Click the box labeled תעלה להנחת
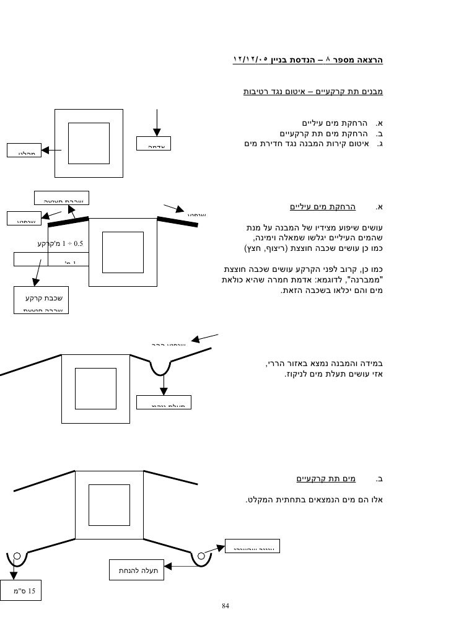[138, 570]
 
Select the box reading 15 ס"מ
[21, 590]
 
